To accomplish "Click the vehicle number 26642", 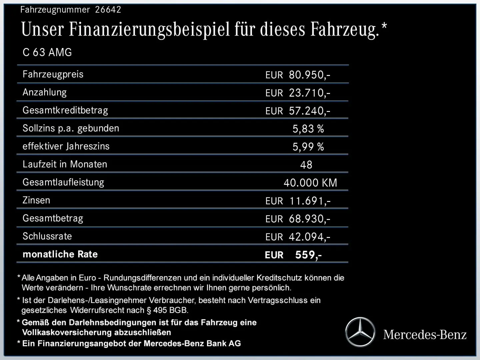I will (108, 10).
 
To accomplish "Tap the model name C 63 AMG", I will (47, 52).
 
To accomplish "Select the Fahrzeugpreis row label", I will (53, 74).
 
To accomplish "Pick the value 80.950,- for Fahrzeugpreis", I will (309, 75).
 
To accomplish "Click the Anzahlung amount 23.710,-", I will (309, 93).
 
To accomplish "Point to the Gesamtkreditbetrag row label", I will (65, 110).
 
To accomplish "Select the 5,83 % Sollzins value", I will (308, 129).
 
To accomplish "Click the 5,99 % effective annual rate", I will (308, 147).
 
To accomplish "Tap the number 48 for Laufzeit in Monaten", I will (306, 165).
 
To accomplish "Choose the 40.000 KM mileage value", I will (310, 183).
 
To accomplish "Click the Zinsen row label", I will (36, 200).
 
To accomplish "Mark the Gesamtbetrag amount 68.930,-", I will (309, 219).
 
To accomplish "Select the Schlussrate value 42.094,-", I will (309, 237).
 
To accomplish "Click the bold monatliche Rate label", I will (60, 254).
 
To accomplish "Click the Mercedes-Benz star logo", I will (360, 332).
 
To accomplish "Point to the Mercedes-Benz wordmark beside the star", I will (425, 334).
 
